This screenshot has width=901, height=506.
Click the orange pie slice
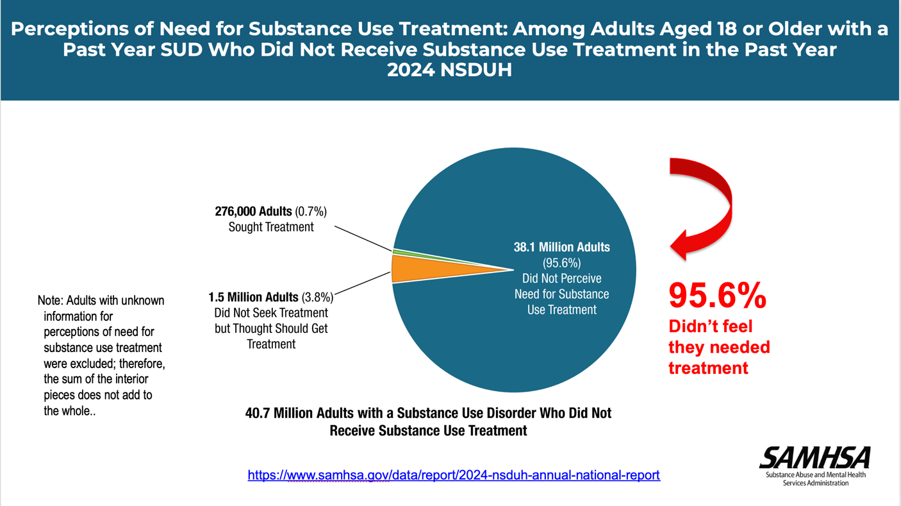click(x=423, y=269)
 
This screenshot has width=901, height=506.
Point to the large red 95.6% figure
click(x=717, y=296)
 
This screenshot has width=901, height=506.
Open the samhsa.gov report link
click(x=454, y=475)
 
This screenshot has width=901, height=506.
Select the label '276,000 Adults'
click(x=253, y=212)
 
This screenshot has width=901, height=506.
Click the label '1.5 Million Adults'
click(x=253, y=298)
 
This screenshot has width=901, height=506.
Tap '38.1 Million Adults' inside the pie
click(x=561, y=247)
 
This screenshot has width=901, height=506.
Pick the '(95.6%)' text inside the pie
click(x=561, y=263)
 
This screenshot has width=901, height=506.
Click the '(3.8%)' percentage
click(x=317, y=298)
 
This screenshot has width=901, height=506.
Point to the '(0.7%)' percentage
click(x=311, y=212)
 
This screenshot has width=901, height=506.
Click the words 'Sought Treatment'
click(x=271, y=227)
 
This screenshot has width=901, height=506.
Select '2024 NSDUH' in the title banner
click(x=449, y=70)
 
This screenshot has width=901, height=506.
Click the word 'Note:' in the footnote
click(x=51, y=301)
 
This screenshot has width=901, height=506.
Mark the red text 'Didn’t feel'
click(x=710, y=326)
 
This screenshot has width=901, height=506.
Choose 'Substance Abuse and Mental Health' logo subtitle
click(x=815, y=475)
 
